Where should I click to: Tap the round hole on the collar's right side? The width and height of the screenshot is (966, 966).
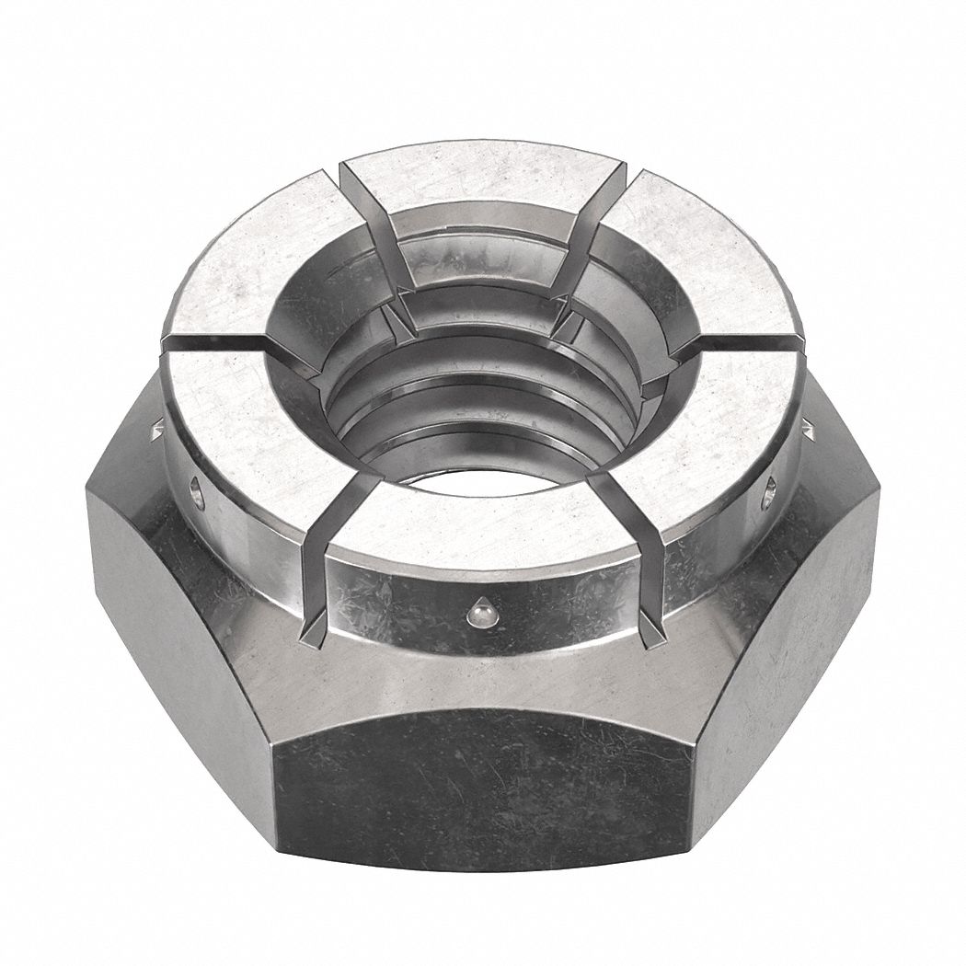770,489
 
